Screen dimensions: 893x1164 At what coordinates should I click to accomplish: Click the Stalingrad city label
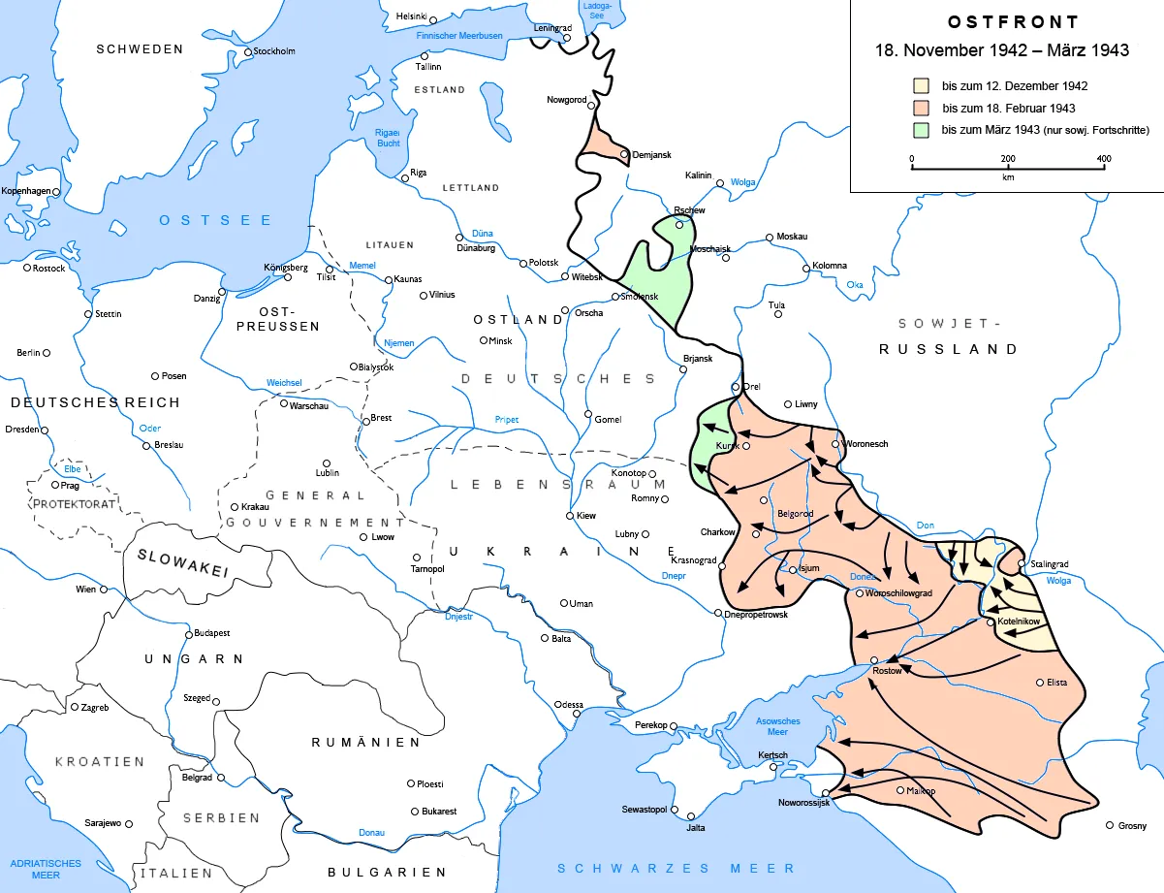1051,563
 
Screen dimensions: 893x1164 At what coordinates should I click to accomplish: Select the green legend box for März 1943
921,130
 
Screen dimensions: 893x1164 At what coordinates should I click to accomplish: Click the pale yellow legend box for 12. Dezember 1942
921,86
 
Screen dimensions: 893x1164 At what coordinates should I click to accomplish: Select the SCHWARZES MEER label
676,868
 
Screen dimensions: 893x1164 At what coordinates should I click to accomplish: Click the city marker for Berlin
46,353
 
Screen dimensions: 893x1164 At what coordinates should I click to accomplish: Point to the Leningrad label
552,28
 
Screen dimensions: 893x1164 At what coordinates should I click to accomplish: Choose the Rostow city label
887,671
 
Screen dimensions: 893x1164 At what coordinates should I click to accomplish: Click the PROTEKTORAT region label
75,504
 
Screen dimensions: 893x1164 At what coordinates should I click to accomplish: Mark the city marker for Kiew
570,516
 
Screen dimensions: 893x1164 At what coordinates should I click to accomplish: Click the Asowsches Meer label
778,727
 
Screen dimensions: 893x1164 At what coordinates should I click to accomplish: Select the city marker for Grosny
1110,826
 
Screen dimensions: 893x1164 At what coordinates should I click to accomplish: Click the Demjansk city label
651,155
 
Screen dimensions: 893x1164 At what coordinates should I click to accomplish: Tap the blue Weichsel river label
285,383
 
